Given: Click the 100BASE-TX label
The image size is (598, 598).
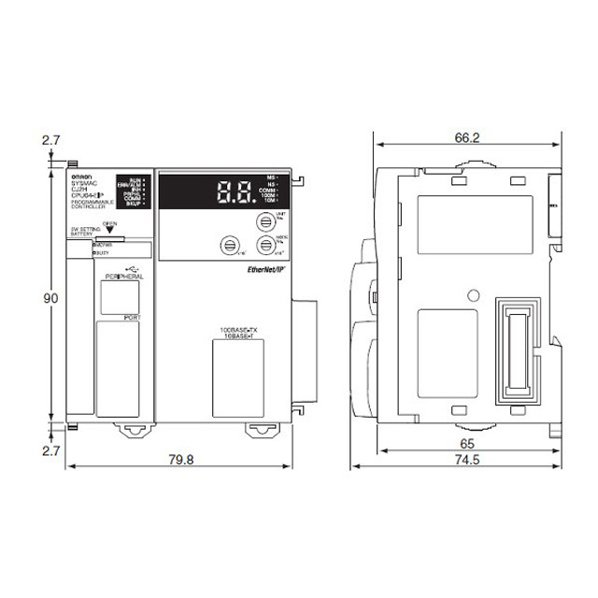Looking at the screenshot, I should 240,331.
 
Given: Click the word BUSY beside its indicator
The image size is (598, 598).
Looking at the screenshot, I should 102,253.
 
